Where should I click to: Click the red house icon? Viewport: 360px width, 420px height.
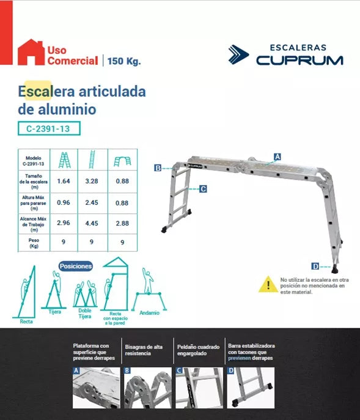[31, 53]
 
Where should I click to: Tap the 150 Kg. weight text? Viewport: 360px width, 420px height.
[124, 61]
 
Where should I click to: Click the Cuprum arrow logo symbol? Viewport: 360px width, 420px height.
[238, 54]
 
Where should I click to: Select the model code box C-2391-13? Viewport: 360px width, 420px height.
[49, 128]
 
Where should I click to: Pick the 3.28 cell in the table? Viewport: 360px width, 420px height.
[92, 181]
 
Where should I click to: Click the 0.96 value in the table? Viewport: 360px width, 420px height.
[64, 202]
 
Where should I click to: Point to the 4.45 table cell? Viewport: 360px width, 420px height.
[92, 223]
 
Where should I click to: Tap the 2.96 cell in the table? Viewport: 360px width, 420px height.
[64, 223]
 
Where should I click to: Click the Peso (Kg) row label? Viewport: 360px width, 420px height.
[34, 243]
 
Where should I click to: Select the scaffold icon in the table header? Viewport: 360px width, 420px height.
[122, 161]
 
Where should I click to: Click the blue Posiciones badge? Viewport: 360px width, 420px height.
[76, 267]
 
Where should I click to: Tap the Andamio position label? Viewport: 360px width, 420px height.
[150, 312]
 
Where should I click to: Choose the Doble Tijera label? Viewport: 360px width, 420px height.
[84, 314]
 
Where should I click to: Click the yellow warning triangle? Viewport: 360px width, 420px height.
[268, 284]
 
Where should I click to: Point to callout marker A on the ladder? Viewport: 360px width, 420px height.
[277, 157]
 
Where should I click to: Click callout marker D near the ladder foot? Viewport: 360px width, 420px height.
[315, 267]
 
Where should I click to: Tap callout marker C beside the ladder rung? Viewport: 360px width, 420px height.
[203, 189]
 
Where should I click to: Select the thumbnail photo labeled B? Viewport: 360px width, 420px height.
[147, 388]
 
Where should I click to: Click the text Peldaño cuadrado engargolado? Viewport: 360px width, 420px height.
[198, 350]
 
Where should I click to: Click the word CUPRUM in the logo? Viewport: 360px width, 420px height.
[299, 61]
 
